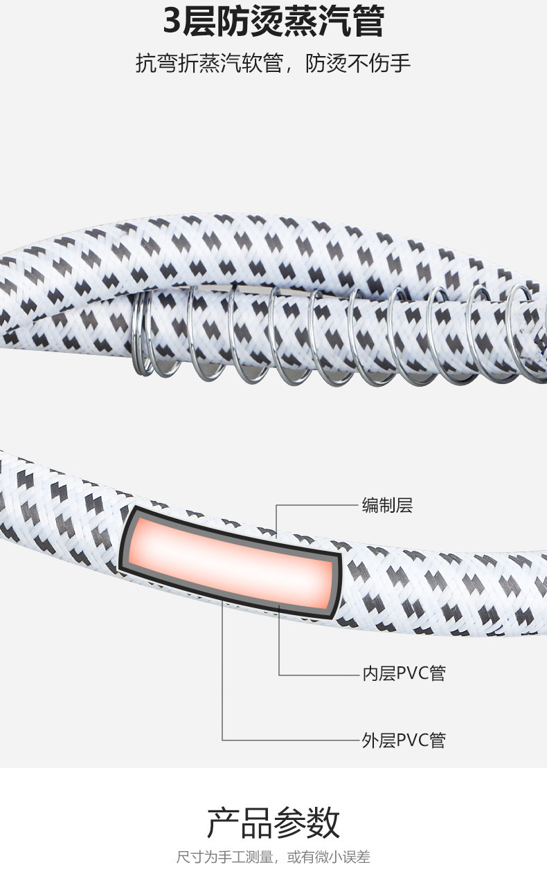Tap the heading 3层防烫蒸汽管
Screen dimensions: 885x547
click(x=273, y=22)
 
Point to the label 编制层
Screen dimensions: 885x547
click(x=387, y=505)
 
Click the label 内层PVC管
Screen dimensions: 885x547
click(x=404, y=673)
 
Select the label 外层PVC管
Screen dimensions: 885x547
click(x=404, y=740)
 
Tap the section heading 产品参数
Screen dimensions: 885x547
click(x=273, y=823)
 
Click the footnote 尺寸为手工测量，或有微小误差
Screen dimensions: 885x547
click(x=273, y=857)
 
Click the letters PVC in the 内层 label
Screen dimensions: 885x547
click(x=412, y=673)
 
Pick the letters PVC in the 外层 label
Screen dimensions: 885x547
click(x=412, y=740)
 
